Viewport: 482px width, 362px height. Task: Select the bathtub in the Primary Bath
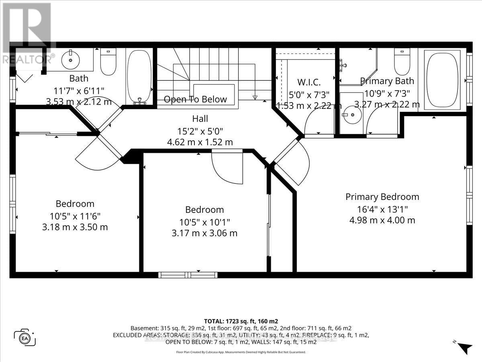pyautogui.click(x=442, y=79)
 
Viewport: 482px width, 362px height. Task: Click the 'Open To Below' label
pyautogui.click(x=195, y=99)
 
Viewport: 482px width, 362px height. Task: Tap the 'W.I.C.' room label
pyautogui.click(x=309, y=82)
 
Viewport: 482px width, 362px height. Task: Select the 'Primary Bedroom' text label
pyautogui.click(x=382, y=197)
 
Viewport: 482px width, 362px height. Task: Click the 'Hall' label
pyautogui.click(x=200, y=119)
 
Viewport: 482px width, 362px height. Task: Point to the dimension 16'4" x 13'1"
pyautogui.click(x=382, y=209)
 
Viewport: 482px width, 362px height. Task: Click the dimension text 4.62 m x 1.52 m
pyautogui.click(x=200, y=142)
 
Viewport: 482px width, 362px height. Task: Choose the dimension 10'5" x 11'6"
pyautogui.click(x=75, y=216)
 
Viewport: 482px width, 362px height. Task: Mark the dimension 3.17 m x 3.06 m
pyautogui.click(x=204, y=233)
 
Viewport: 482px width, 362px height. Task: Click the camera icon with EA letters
pyautogui.click(x=25, y=337)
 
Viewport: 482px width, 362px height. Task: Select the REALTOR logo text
pyautogui.click(x=27, y=60)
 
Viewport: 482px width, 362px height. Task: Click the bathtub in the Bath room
pyautogui.click(x=139, y=76)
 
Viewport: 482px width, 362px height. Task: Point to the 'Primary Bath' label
pyautogui.click(x=387, y=81)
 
